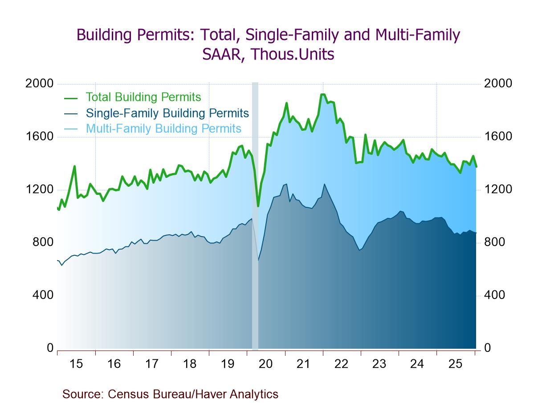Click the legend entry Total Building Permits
click(x=143, y=97)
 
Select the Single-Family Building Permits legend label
click(x=167, y=113)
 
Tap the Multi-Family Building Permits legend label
click(x=163, y=129)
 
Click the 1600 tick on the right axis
click(x=498, y=137)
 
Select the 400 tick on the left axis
click(x=42, y=295)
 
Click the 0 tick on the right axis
click(x=487, y=348)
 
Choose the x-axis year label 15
click(x=76, y=364)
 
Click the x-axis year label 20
click(x=265, y=364)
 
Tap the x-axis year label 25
click(x=455, y=364)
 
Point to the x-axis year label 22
click(x=341, y=364)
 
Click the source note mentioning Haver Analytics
click(x=170, y=394)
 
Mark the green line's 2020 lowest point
click(x=258, y=206)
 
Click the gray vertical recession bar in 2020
click(x=255, y=267)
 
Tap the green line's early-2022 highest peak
click(x=323, y=94)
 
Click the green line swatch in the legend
click(x=71, y=98)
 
